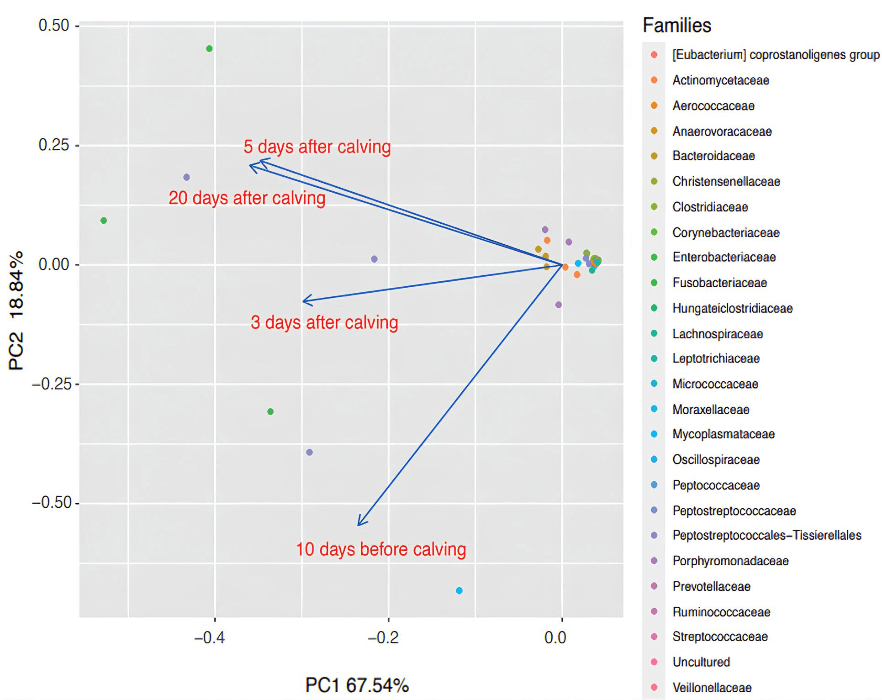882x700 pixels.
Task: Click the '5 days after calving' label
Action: pyautogui.click(x=317, y=147)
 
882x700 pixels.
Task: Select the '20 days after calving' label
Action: pyautogui.click(x=247, y=198)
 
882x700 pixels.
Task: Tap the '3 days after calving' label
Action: pyautogui.click(x=324, y=322)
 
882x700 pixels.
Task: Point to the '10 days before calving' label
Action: pyautogui.click(x=381, y=549)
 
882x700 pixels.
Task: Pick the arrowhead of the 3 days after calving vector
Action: pyautogui.click(x=304, y=301)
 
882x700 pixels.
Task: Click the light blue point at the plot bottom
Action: pyautogui.click(x=459, y=591)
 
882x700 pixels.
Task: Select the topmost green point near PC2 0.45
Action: pyautogui.click(x=209, y=49)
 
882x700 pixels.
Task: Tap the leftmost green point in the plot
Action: pyautogui.click(x=104, y=221)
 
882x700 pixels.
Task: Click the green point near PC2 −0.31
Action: pyautogui.click(x=270, y=412)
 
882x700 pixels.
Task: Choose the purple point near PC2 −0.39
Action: pyautogui.click(x=309, y=453)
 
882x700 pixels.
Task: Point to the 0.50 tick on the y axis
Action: pyautogui.click(x=53, y=26)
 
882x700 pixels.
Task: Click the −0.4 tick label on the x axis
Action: pyautogui.click(x=209, y=637)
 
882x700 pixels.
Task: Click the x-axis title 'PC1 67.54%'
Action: pyautogui.click(x=357, y=685)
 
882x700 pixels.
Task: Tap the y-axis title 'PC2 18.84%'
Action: pyautogui.click(x=16, y=311)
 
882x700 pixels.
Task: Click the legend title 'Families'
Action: pyautogui.click(x=676, y=26)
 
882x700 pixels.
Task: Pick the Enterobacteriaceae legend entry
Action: pyautogui.click(x=724, y=258)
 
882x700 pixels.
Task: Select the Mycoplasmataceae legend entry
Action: pyautogui.click(x=723, y=434)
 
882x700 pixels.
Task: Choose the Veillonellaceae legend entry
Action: pyautogui.click(x=712, y=688)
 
